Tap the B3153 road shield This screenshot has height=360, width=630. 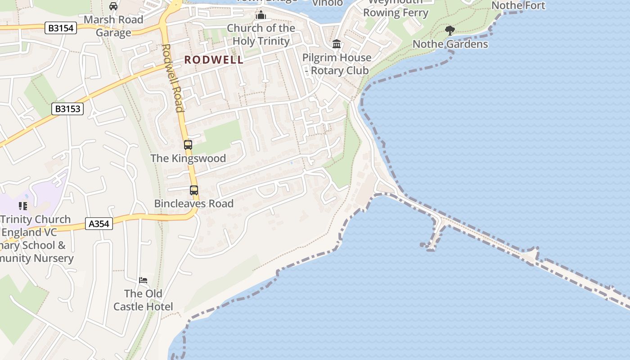(67, 108)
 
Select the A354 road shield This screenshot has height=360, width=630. (99, 223)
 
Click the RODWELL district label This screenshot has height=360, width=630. (214, 60)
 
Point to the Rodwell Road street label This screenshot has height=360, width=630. (173, 77)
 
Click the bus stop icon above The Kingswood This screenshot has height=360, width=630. (188, 145)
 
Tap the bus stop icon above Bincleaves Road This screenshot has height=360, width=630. (194, 190)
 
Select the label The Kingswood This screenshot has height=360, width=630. (188, 158)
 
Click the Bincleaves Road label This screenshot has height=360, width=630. (194, 203)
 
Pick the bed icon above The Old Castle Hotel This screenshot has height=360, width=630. (143, 280)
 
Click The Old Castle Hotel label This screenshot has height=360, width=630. (143, 300)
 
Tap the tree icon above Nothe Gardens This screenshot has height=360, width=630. (450, 31)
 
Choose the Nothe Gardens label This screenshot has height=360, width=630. (450, 44)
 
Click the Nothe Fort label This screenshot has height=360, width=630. (518, 5)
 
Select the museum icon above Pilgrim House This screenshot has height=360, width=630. (337, 44)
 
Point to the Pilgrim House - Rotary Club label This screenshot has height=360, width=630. (337, 64)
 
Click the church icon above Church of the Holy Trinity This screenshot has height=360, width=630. (261, 15)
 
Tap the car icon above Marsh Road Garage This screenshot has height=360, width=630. (113, 6)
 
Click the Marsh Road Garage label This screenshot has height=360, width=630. (113, 26)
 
